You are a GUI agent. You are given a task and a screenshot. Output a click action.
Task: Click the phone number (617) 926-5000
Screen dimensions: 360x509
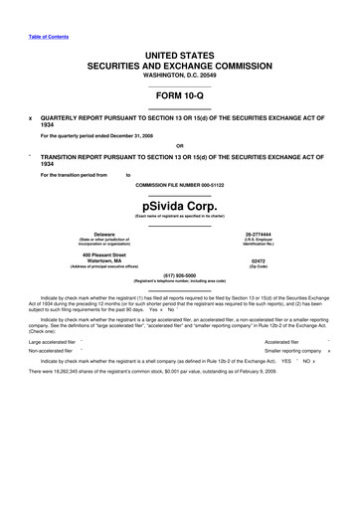[x=179, y=274]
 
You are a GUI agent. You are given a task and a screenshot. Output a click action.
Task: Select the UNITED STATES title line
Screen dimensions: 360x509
[x=179, y=52]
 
